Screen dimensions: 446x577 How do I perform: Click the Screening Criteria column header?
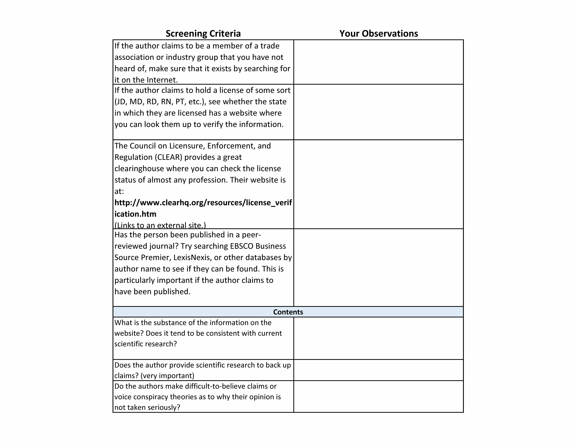[203, 34]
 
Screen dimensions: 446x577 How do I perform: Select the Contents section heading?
[288, 312]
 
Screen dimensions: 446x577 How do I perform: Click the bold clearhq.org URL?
[203, 208]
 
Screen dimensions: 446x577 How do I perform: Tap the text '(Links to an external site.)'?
[160, 225]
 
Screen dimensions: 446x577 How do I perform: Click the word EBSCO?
[241, 246]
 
